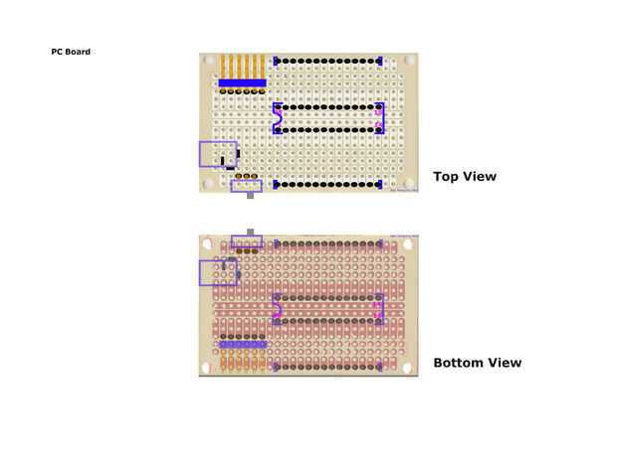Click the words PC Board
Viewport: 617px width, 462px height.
click(x=71, y=52)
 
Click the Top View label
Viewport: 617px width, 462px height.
click(x=464, y=177)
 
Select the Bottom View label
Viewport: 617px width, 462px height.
click(x=477, y=363)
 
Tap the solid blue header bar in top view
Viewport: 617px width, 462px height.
click(x=242, y=82)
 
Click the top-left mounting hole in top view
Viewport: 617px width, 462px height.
click(x=206, y=61)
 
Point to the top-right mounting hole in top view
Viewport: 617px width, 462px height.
click(x=410, y=61)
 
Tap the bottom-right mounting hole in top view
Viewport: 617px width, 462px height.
click(x=410, y=184)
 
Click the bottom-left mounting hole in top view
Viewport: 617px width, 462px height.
click(x=206, y=184)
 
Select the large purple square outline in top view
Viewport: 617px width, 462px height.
click(x=218, y=154)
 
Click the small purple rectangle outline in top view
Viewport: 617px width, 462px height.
click(x=246, y=185)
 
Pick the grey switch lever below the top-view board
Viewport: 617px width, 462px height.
click(x=250, y=197)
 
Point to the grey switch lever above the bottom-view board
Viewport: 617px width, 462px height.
click(x=250, y=231)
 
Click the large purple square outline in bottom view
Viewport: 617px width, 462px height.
click(x=218, y=272)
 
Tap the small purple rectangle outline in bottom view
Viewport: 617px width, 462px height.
click(x=247, y=241)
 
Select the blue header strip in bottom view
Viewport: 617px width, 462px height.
click(x=242, y=344)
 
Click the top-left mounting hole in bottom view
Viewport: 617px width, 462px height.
click(x=206, y=242)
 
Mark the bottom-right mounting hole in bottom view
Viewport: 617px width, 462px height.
click(x=410, y=368)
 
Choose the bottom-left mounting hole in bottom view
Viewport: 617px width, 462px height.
click(x=206, y=368)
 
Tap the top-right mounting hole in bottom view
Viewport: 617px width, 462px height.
click(x=410, y=242)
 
